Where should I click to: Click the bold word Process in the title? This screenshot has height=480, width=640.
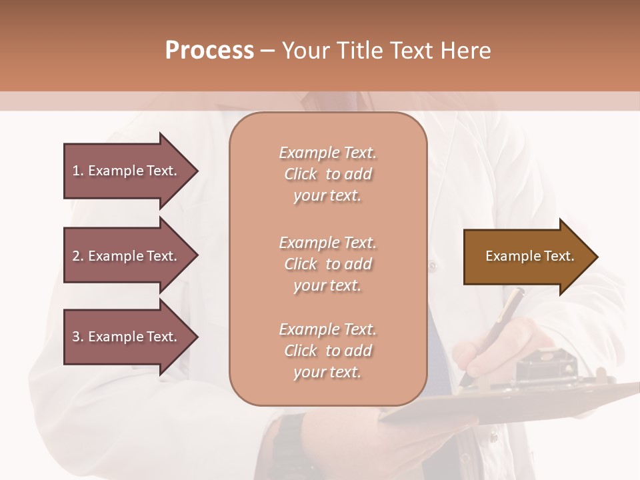(209, 50)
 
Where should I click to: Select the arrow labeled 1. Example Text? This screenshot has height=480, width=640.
(127, 171)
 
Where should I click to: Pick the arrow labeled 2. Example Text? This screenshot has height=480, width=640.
(127, 256)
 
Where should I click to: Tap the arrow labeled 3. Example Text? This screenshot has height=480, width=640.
(127, 337)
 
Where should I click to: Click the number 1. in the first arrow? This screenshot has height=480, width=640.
(77, 171)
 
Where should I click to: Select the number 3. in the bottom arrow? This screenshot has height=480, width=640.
(77, 337)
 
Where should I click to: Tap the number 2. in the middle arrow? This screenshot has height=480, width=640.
(77, 256)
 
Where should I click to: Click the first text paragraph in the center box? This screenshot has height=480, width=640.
(327, 174)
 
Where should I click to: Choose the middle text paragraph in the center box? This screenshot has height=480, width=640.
(327, 264)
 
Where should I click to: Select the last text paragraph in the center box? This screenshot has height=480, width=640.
(327, 351)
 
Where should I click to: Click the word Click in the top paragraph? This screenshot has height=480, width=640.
(301, 174)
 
